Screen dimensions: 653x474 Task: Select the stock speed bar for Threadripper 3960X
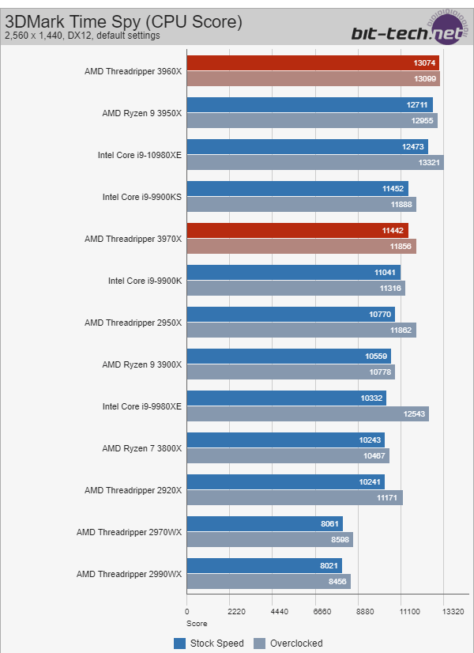[x=313, y=63]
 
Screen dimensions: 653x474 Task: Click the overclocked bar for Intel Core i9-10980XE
[x=315, y=162]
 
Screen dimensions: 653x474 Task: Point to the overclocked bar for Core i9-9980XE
[x=307, y=413]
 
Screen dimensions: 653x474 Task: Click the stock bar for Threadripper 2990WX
[x=264, y=565]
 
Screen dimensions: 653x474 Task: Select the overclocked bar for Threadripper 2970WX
[x=269, y=539]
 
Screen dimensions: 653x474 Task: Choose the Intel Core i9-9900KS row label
[x=142, y=197]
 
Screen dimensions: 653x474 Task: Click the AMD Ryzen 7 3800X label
[x=142, y=448]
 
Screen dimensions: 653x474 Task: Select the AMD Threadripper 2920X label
[x=134, y=490]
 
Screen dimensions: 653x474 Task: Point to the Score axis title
[x=197, y=623]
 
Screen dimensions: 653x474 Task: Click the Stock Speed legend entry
[x=209, y=643]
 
